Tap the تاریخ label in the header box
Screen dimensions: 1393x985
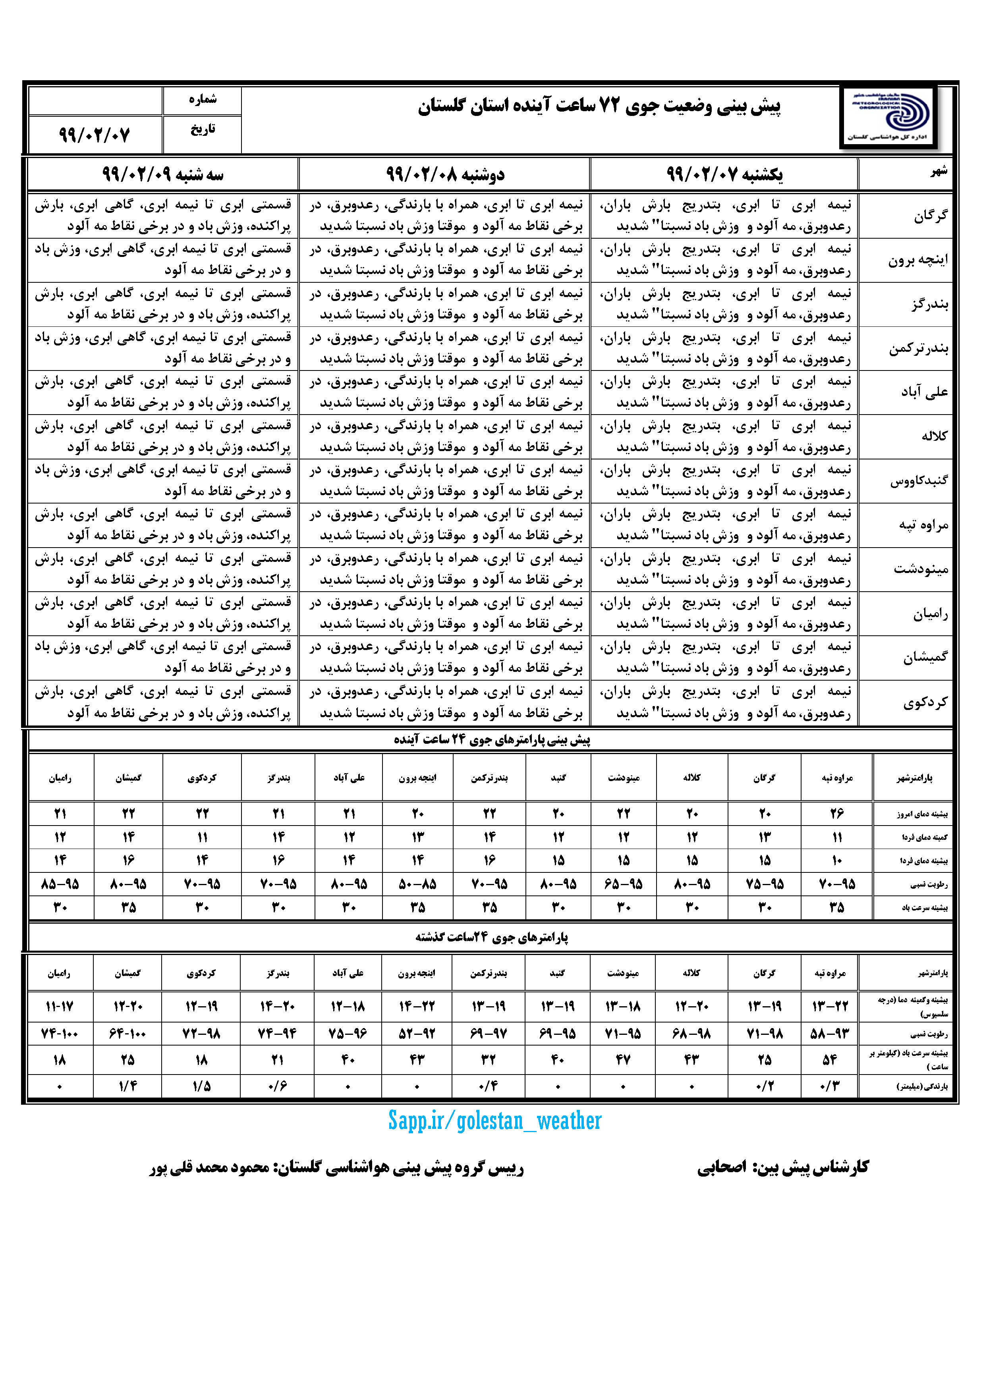click(203, 129)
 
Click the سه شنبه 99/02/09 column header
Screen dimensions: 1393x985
click(163, 175)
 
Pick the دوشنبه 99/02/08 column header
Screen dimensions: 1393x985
click(445, 175)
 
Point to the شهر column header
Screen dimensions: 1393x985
click(938, 172)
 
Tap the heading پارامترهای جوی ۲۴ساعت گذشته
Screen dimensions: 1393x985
click(492, 938)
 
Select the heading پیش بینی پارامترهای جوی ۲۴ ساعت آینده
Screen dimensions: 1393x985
click(492, 739)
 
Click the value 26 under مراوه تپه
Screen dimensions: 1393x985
click(837, 814)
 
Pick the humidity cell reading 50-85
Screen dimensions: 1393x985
click(417, 884)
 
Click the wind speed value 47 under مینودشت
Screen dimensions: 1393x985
click(623, 1059)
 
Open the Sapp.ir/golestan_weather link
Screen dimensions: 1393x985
click(494, 1121)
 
